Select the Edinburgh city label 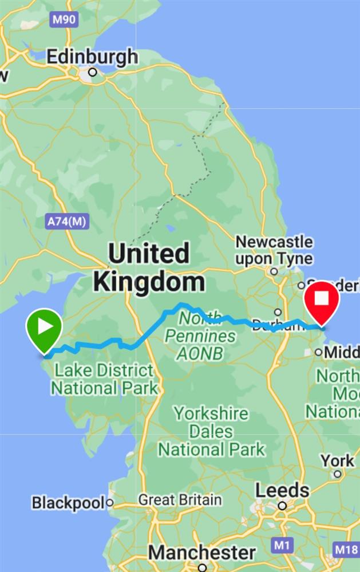point(92,57)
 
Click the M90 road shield point(64,20)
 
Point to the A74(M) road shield point(68,222)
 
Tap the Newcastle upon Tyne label point(274,250)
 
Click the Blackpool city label point(69,503)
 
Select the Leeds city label point(282,490)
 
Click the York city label point(337,460)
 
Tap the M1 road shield point(281,545)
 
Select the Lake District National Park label point(104,379)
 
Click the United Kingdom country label point(149,267)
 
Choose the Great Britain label point(180,500)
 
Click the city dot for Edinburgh point(92,73)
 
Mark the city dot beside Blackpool point(109,503)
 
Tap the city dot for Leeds point(282,506)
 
